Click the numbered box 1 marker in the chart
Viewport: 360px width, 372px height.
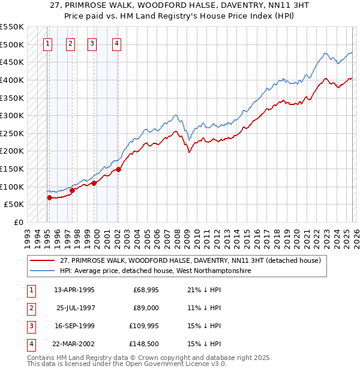47,43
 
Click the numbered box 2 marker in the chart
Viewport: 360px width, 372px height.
70,43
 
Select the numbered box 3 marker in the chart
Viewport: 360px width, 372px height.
92,43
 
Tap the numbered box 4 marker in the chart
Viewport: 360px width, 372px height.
116,43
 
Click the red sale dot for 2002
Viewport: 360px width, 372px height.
119,169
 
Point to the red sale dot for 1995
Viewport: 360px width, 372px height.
49,197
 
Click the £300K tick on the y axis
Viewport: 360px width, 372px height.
12,115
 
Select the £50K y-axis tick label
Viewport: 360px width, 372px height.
14,204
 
